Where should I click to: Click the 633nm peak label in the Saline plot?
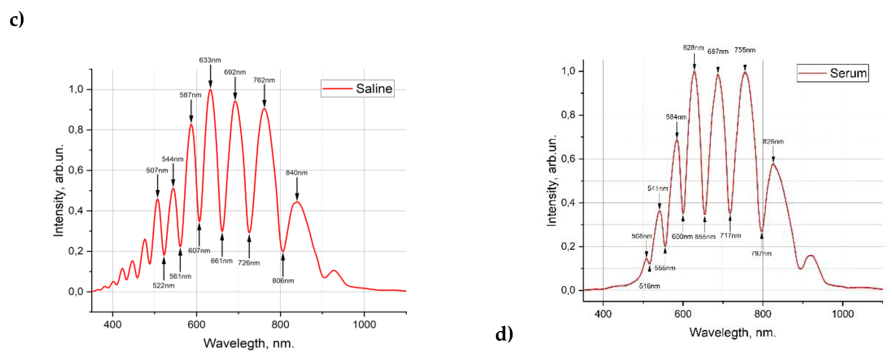210,60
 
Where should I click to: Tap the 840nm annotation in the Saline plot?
297,173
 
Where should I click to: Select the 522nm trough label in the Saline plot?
164,286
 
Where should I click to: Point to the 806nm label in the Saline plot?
283,281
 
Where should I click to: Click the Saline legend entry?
358,89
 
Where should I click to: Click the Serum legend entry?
833,73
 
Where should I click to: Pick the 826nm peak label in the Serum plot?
773,142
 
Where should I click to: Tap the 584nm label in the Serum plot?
676,117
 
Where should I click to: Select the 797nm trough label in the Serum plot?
761,254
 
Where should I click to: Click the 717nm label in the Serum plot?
730,236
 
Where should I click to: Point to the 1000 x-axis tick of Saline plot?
364,325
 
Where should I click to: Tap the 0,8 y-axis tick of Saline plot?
76,130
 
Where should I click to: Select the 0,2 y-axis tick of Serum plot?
568,247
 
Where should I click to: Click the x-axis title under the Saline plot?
249,343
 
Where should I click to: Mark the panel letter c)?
17,19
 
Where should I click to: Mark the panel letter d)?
504,334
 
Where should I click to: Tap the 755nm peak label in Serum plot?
744,50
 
